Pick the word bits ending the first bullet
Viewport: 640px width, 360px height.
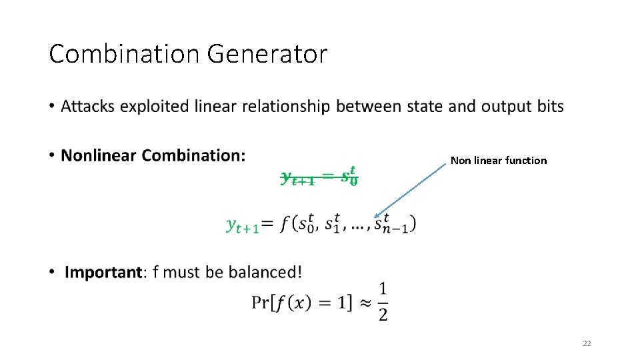pos(549,107)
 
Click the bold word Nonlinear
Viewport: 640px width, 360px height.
pos(99,156)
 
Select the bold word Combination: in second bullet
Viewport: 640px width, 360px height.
pos(194,156)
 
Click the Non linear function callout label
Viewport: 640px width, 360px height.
pos(498,160)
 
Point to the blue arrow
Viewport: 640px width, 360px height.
pos(410,190)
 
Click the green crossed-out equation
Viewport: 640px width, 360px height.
pos(319,178)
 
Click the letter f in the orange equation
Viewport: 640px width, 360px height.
pos(285,224)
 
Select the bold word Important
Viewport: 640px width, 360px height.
pos(103,272)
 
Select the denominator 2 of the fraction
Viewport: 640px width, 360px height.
pos(383,314)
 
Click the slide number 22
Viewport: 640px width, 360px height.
pos(587,343)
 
